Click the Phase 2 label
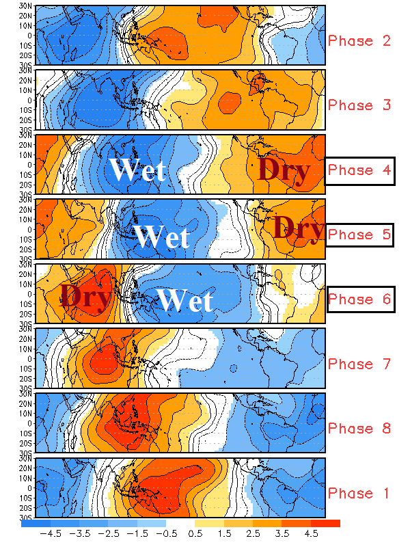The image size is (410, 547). click(x=359, y=40)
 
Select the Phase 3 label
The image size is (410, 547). click(x=359, y=105)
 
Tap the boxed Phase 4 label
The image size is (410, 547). click(x=359, y=170)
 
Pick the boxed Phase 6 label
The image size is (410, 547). click(x=359, y=299)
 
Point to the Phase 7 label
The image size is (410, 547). click(x=359, y=364)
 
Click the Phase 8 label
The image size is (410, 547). click(x=359, y=429)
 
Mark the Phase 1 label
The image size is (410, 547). click(x=359, y=493)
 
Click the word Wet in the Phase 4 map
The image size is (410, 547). click(x=137, y=170)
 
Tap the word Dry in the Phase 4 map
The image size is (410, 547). click(x=284, y=170)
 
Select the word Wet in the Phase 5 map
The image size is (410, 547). click(x=161, y=237)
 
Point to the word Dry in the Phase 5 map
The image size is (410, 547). click(x=299, y=227)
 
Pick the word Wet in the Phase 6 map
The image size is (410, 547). click(x=185, y=301)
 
